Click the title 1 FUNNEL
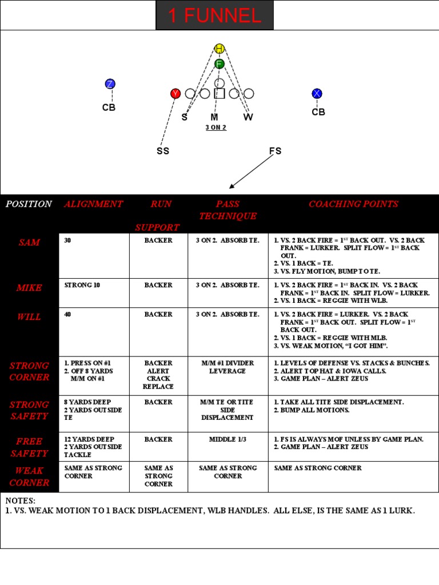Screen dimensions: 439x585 tap(214, 15)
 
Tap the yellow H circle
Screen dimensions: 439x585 tap(219, 49)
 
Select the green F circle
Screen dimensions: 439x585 tap(219, 64)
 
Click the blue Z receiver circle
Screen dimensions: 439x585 tap(110, 84)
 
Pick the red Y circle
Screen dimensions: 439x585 tap(175, 94)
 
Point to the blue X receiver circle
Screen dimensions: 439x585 tap(317, 94)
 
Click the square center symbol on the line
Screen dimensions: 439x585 tap(219, 94)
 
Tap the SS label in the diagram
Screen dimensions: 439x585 tap(163, 151)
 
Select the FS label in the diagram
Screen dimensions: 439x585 tap(276, 151)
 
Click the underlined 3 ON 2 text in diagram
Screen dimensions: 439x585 tap(216, 127)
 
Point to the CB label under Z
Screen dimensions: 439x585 tap(109, 107)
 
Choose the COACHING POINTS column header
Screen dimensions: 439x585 tap(353, 204)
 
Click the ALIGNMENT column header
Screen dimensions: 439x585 tap(93, 204)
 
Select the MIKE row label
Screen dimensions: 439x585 tap(29, 288)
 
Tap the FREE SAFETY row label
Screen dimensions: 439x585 tap(29, 447)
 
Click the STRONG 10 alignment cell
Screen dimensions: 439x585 tap(82, 285)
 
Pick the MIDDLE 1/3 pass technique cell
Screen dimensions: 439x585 tap(228, 439)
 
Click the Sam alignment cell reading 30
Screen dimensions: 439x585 tap(68, 241)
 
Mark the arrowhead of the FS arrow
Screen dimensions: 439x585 tap(231, 186)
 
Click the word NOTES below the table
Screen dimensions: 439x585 tap(21, 501)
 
